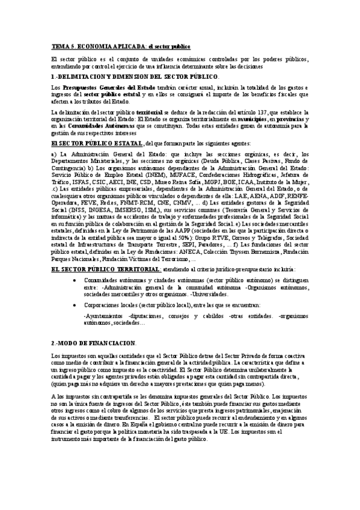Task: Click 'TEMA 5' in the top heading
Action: [61, 46]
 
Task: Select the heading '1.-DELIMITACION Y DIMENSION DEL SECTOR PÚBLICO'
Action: [135, 77]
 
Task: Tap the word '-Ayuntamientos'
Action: [105, 316]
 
